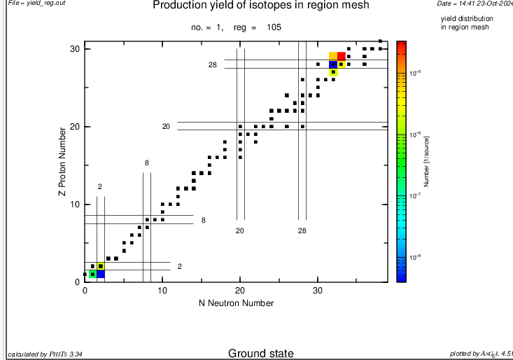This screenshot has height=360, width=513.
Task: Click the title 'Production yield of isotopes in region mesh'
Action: coord(261,6)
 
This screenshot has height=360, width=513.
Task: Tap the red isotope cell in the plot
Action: coord(342,57)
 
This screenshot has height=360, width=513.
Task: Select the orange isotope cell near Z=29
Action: coord(334,57)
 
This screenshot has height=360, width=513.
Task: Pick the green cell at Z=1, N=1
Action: coord(92,274)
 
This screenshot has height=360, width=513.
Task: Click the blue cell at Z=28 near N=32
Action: coord(334,64)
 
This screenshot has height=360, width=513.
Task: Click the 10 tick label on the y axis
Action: coord(76,205)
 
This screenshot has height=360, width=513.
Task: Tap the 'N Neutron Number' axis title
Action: coord(236,303)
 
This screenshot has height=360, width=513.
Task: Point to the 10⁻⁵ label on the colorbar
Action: coord(415,72)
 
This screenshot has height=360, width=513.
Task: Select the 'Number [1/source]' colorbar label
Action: coord(427,162)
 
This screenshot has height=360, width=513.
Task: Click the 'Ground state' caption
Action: coord(260,354)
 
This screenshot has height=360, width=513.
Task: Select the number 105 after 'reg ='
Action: coord(274,27)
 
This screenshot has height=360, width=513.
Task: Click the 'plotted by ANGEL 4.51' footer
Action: coord(481,354)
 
